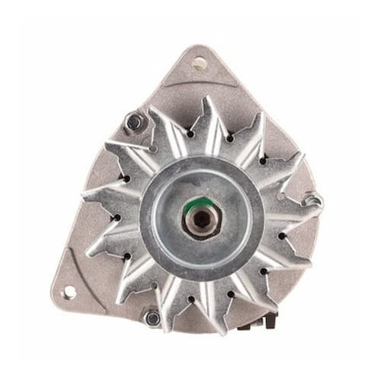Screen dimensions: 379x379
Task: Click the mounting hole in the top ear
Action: coord(199,64)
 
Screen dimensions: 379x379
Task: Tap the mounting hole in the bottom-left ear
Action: coord(69,291)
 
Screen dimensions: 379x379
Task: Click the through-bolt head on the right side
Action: coord(311,202)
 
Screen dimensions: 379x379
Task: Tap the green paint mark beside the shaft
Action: coord(204,202)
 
